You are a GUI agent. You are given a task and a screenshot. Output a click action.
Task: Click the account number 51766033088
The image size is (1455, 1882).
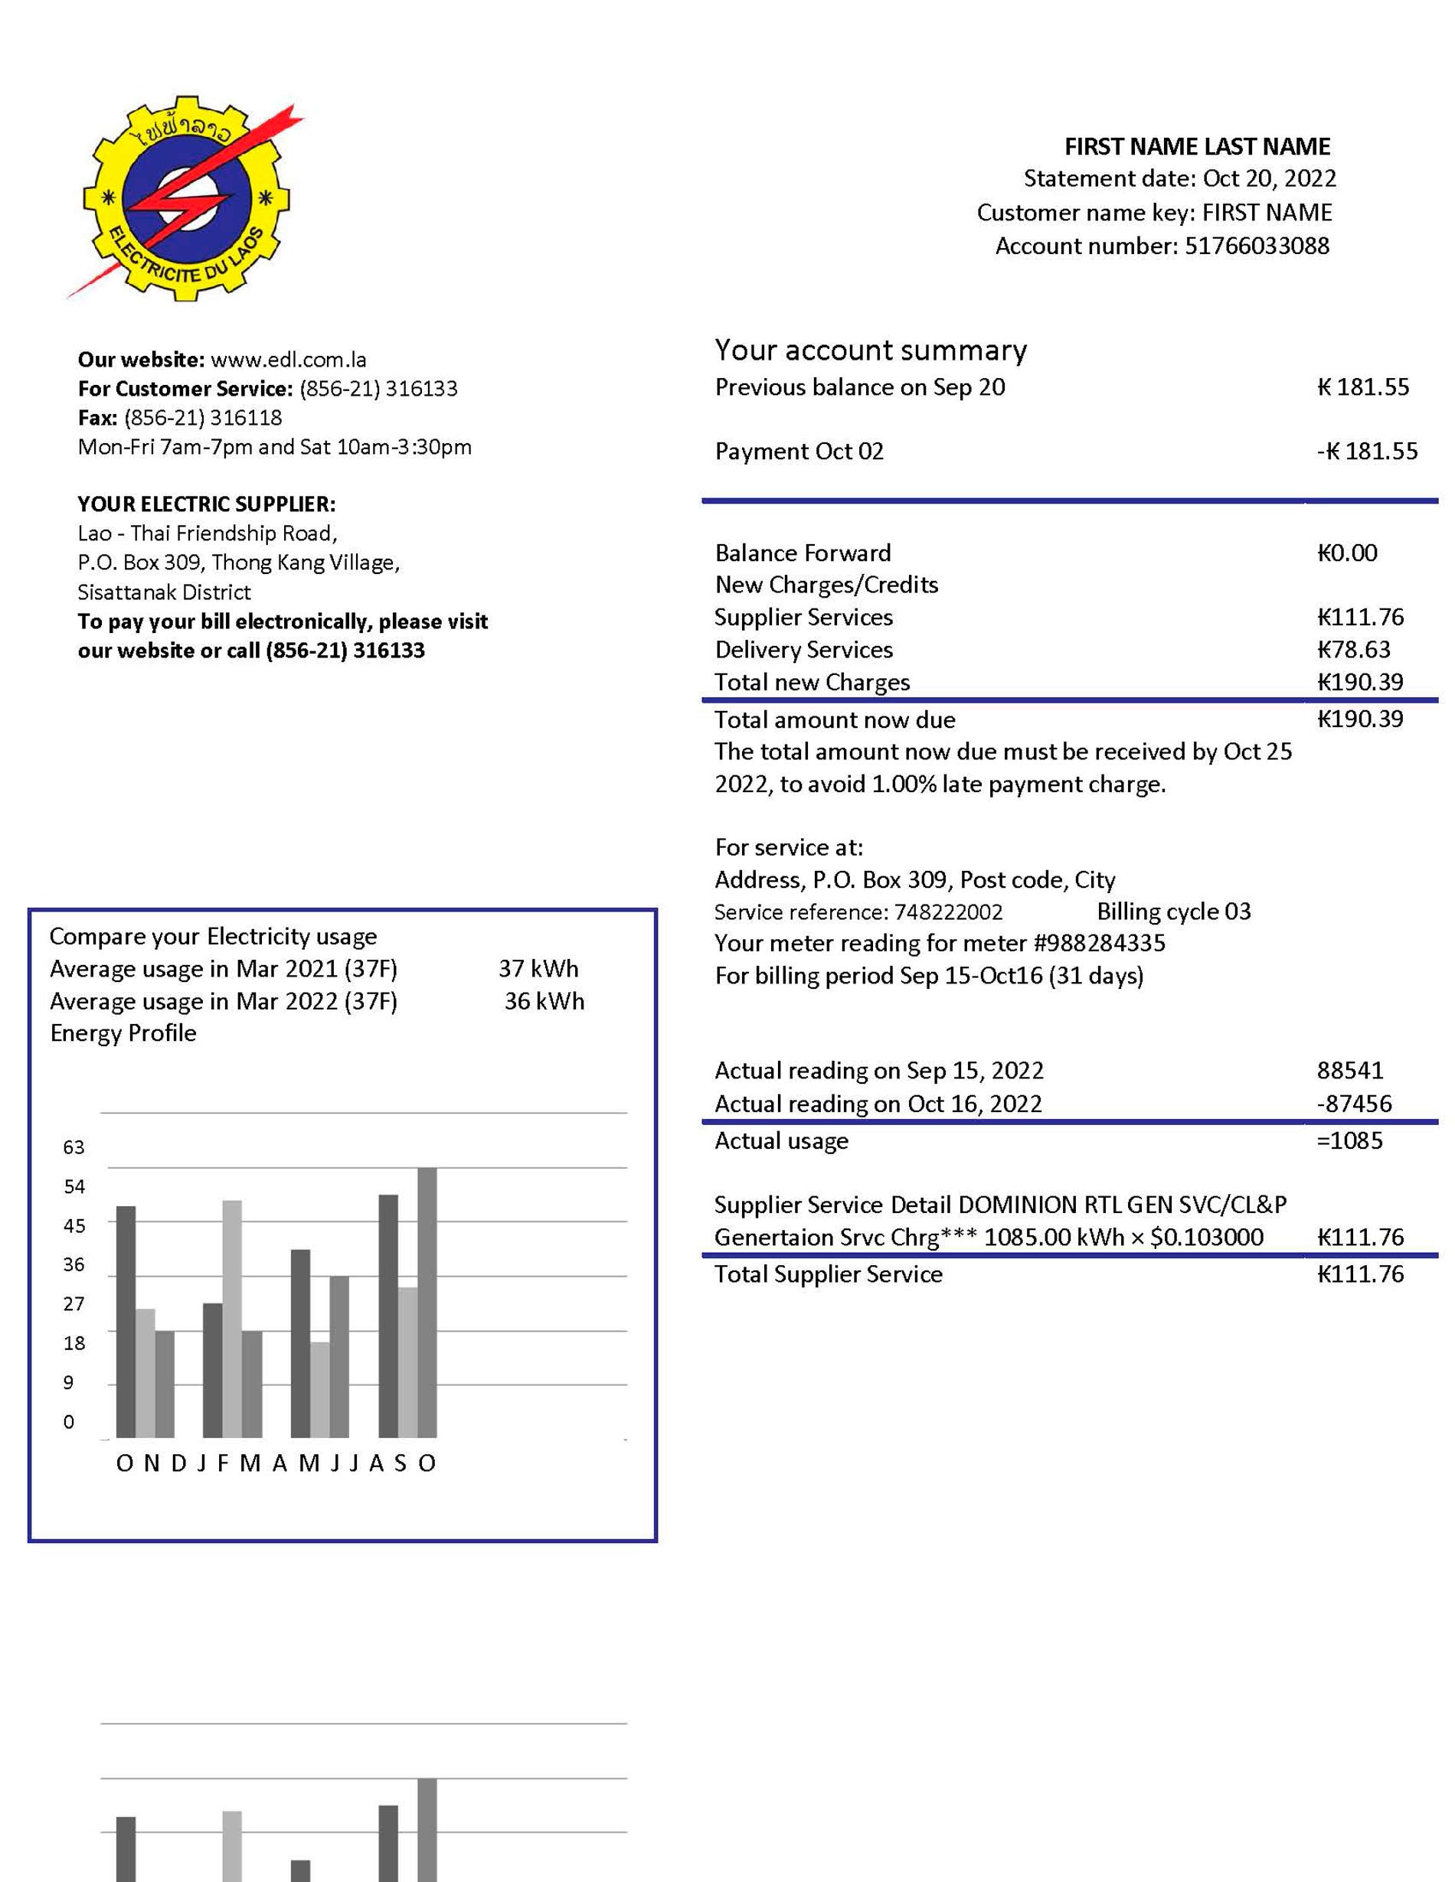click(1256, 246)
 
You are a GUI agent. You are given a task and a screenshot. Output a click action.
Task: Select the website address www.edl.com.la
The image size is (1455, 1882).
click(289, 360)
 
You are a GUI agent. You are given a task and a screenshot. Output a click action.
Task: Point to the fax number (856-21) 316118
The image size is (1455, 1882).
click(204, 418)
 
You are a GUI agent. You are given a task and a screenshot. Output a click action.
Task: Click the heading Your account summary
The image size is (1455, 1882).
click(871, 350)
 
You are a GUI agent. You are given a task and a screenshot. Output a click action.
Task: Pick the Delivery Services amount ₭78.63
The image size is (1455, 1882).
click(1353, 650)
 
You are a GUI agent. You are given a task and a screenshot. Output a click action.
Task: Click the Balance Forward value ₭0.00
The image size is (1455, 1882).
click(1346, 553)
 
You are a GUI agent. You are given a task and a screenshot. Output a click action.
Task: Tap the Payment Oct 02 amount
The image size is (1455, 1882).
click(1367, 452)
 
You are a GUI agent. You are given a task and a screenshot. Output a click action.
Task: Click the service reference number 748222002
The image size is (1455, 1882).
click(948, 912)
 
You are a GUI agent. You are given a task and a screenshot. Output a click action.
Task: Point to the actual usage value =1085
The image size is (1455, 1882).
click(1349, 1141)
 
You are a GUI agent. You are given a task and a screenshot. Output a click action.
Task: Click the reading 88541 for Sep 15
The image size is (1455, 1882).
click(1350, 1070)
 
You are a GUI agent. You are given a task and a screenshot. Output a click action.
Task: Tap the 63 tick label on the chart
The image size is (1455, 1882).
click(74, 1147)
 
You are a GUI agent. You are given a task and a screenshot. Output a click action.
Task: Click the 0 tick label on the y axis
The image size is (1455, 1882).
click(69, 1422)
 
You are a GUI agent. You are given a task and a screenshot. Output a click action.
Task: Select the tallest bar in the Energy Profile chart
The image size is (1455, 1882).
click(427, 1302)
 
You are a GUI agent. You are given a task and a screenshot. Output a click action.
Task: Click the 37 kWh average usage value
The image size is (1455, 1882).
click(538, 969)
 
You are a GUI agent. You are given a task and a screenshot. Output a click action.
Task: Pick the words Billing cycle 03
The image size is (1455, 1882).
click(1173, 912)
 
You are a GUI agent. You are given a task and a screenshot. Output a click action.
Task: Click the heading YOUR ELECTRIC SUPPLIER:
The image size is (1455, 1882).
click(207, 504)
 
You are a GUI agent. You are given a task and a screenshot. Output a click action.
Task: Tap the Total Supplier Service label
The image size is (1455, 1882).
click(829, 1274)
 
